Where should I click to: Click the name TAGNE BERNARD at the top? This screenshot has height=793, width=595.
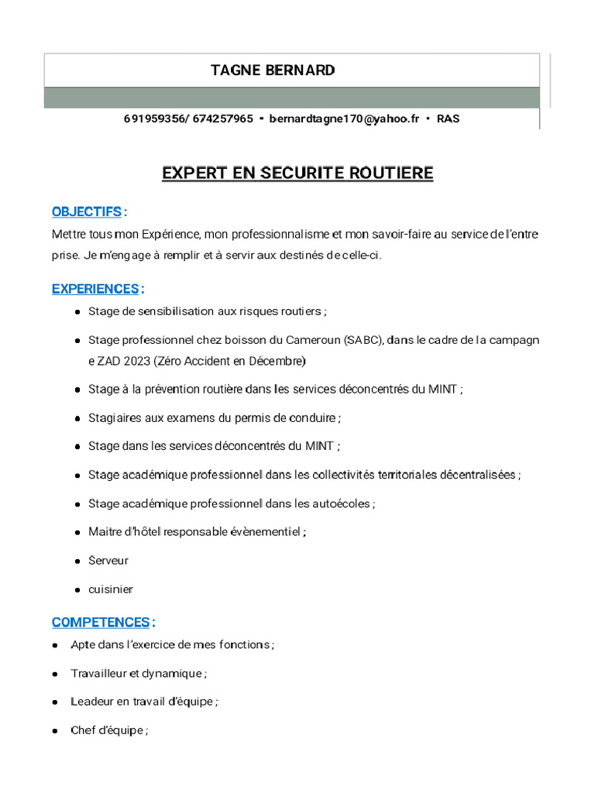click(273, 70)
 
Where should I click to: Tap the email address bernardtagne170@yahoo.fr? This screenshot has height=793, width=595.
click(344, 119)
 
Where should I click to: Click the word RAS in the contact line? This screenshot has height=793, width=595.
click(448, 119)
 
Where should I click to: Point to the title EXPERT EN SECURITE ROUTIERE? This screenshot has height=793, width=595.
click(297, 173)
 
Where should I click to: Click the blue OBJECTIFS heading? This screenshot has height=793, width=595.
click(87, 212)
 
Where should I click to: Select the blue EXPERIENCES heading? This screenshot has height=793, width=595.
click(95, 290)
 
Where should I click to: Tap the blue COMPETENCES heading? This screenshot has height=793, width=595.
click(101, 623)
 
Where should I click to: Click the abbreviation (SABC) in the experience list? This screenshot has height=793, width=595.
click(362, 340)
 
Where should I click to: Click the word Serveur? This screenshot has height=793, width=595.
click(108, 561)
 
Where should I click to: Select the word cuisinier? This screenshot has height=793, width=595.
click(111, 589)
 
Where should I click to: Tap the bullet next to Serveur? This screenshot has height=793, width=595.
click(79, 561)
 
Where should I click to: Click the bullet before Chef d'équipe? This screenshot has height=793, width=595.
click(56, 731)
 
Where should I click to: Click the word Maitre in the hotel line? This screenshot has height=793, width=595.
click(104, 532)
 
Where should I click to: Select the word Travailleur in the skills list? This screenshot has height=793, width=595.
click(98, 674)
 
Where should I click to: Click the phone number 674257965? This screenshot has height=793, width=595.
click(222, 119)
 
